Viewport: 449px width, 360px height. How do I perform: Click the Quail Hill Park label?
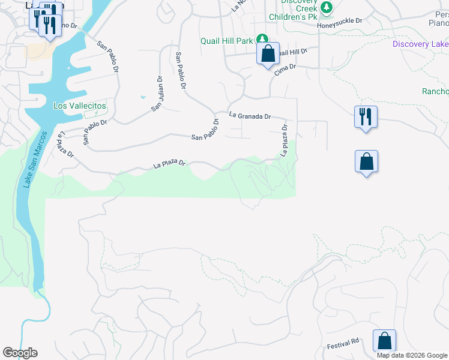click(227, 41)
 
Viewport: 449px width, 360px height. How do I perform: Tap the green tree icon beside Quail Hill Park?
click(262, 40)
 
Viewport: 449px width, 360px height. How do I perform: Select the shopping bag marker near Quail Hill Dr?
click(268, 54)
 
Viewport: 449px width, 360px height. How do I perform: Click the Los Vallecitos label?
click(80, 106)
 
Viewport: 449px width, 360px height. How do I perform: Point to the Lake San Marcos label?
click(35, 160)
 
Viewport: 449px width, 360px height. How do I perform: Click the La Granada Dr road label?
click(250, 116)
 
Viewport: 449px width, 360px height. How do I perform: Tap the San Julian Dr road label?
click(157, 93)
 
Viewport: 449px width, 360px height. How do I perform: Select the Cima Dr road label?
click(285, 68)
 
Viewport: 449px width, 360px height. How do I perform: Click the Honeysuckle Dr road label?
click(340, 21)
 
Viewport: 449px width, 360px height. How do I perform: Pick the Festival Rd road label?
click(343, 343)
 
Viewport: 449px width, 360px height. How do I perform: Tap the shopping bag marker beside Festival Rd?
click(384, 341)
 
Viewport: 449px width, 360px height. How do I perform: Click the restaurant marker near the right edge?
click(366, 116)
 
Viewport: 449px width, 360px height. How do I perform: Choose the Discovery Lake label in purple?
click(420, 44)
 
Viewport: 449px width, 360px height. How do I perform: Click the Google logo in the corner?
click(20, 353)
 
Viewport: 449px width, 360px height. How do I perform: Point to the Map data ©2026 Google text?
click(412, 355)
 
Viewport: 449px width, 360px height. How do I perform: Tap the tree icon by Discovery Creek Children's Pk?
click(326, 8)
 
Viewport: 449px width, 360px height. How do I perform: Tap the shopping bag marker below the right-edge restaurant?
click(366, 161)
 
